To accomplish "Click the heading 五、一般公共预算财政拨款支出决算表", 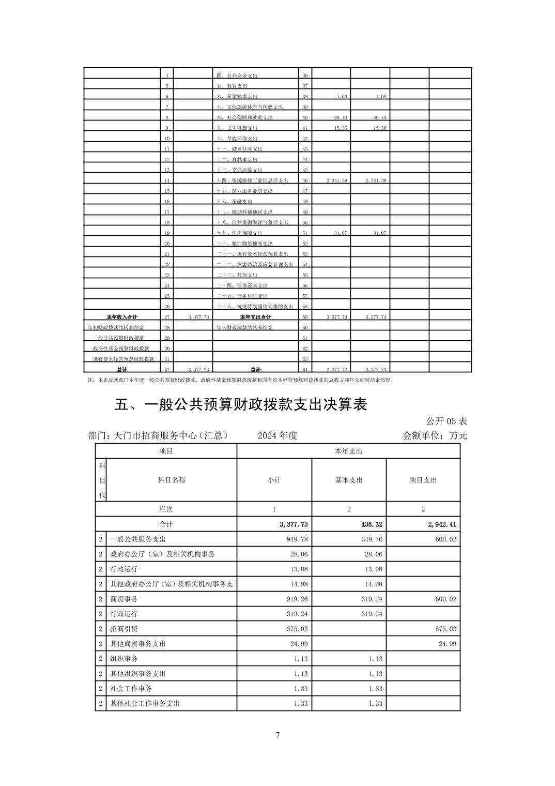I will tap(241, 404).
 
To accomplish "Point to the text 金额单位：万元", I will tap(435, 435).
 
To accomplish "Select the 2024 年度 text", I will tap(277, 435).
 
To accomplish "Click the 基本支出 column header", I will tap(349, 480).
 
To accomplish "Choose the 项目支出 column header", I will tap(423, 480).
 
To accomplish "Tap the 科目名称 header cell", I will tap(171, 480).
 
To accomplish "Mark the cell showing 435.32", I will tap(372, 524).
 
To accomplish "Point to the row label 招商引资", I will tap(124, 629).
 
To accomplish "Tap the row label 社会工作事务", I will tap(131, 688).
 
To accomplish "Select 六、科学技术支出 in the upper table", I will tap(237, 97).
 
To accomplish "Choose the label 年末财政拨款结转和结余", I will tap(244, 327).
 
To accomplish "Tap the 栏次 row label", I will tap(166, 509).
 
